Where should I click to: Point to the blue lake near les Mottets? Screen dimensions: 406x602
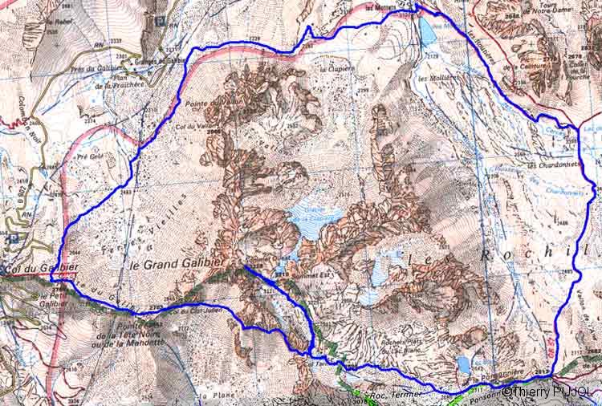(425, 31)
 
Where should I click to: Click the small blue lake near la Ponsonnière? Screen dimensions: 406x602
(463, 365)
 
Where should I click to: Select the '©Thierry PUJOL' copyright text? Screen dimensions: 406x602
(549, 393)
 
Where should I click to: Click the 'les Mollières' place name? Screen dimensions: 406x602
(437, 78)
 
